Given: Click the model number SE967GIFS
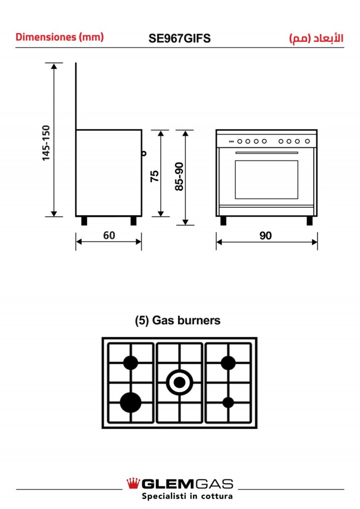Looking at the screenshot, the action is (x=180, y=38).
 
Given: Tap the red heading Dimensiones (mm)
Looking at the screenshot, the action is (x=60, y=37).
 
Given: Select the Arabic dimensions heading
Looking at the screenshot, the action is (x=316, y=38).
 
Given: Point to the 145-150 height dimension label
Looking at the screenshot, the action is (x=46, y=143).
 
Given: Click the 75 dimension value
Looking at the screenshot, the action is (x=154, y=176).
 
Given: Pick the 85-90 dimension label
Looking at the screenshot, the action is (x=179, y=176).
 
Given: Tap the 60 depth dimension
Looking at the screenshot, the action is (x=109, y=235).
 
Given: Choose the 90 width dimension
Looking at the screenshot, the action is (x=265, y=236).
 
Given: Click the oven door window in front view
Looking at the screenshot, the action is (x=266, y=180).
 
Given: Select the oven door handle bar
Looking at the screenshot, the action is (x=267, y=153).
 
